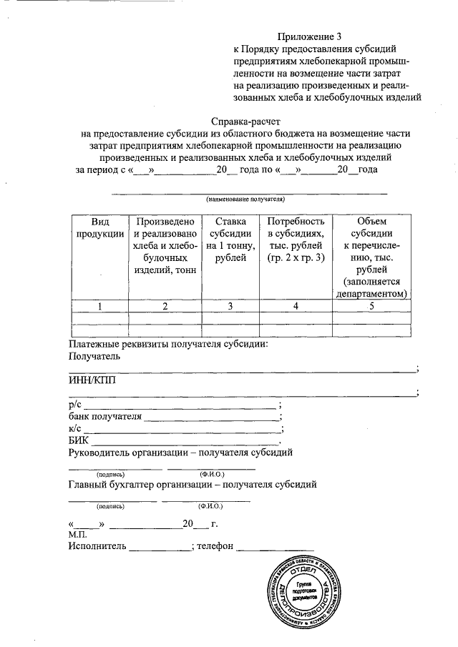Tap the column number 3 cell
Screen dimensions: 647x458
tap(230, 306)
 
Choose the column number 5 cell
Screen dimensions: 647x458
tap(371, 306)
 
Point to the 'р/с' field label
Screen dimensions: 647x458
tap(75, 404)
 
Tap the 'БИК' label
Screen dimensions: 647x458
tap(78, 440)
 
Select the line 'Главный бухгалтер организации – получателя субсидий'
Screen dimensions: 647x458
tap(193, 485)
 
